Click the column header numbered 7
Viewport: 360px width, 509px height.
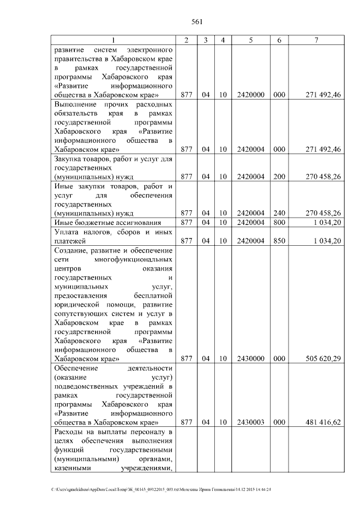tap(317, 40)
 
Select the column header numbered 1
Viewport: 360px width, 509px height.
tap(112, 40)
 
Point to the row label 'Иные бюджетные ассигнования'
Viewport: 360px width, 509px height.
tap(107, 223)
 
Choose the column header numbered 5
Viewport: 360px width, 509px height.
tap(250, 40)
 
